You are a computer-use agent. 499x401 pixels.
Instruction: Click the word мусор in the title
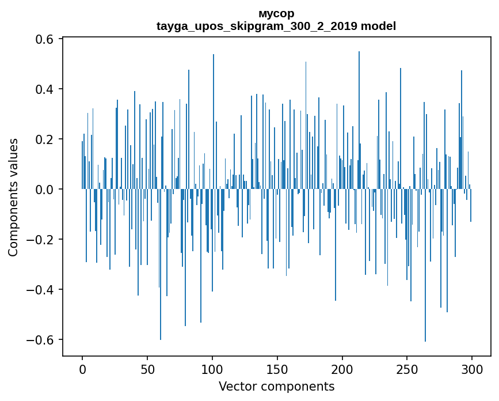pos(276,13)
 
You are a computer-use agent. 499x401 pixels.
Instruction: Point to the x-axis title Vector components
pos(276,386)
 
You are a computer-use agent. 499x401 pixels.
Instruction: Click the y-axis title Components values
pos(13,197)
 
